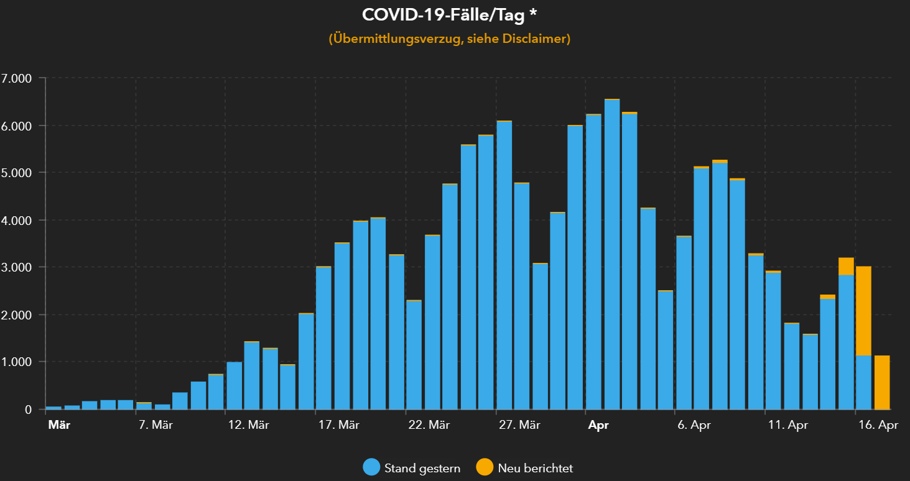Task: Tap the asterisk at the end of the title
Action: click(534, 14)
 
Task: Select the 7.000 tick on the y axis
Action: click(17, 78)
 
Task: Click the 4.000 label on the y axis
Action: click(17, 220)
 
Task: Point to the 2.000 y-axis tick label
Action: click(17, 314)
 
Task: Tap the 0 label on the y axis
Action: click(28, 410)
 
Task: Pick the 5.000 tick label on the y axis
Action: click(17, 173)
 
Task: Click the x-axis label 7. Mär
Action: click(154, 426)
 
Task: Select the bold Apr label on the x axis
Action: click(598, 426)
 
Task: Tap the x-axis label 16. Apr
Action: click(878, 426)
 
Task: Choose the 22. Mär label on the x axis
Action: click(429, 426)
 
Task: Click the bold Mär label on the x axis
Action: click(59, 426)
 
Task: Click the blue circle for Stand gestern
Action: click(371, 467)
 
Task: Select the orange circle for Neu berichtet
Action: click(485, 467)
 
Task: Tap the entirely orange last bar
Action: click(882, 382)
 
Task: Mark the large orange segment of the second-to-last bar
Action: click(863, 311)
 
